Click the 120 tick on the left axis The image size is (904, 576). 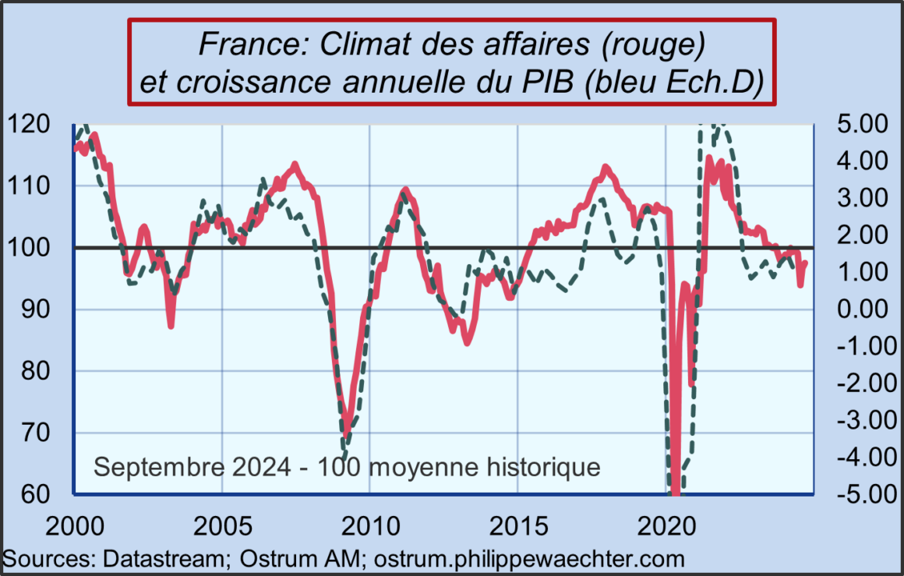[x=27, y=125]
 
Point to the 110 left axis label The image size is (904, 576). [x=27, y=186]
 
